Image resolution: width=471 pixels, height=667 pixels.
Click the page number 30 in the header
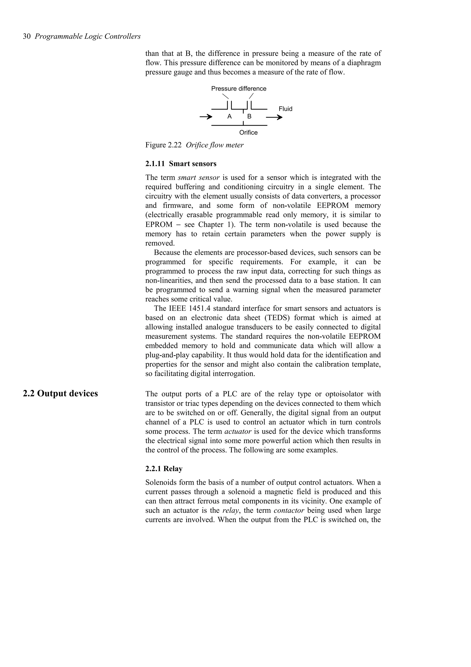[x=27, y=36]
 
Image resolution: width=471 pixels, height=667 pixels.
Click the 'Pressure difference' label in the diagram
[x=238, y=89]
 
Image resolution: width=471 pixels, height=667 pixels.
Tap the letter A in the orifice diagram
[x=229, y=116]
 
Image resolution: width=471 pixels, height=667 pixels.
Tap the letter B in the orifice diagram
[x=249, y=116]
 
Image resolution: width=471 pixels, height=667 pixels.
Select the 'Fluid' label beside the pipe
[x=285, y=109]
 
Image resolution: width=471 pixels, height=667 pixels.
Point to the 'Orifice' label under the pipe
[x=248, y=133]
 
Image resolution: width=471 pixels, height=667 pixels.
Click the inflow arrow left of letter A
[x=206, y=117]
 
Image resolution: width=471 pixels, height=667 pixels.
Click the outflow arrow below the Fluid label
[x=274, y=117]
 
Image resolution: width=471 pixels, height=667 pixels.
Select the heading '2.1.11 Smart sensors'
[x=181, y=164]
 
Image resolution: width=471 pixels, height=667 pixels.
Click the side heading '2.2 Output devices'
[x=60, y=393]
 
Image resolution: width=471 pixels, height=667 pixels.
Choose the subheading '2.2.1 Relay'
[x=164, y=469]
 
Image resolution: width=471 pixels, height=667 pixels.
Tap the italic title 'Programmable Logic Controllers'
[x=87, y=36]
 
